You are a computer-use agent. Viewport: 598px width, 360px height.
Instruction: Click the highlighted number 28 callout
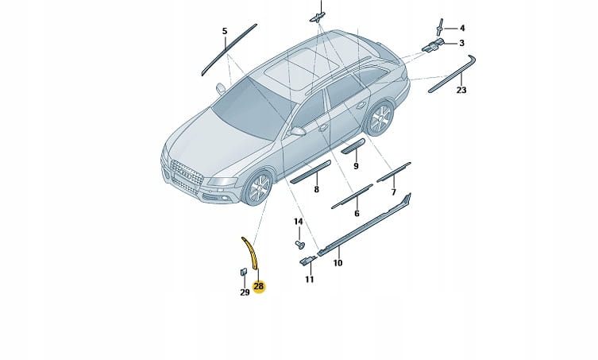coord(259,286)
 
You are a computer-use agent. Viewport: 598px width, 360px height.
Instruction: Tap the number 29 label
coord(245,292)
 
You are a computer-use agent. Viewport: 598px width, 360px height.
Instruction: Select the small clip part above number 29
coord(243,272)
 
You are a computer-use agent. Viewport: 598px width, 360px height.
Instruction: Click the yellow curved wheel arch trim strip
coord(250,252)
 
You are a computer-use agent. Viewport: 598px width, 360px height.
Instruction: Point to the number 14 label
coord(299,222)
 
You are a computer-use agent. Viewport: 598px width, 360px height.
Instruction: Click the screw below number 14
coord(299,244)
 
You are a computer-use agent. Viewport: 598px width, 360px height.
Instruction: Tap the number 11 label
coord(309,280)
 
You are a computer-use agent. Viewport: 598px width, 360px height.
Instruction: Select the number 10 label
coord(338,263)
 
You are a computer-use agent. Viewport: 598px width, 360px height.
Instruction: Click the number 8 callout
coord(316,189)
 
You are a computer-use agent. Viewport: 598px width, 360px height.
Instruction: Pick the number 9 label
coord(356,166)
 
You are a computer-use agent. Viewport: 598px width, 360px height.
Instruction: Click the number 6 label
coord(357,214)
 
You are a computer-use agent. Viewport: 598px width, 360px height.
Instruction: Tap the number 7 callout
coord(394,192)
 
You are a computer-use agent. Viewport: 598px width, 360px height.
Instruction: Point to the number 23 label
coord(461,90)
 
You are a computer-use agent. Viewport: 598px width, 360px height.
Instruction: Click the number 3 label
coord(462,43)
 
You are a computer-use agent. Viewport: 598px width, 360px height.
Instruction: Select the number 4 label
coord(462,28)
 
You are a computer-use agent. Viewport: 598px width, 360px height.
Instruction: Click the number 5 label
coord(225,31)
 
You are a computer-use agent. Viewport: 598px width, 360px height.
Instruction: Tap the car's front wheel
coord(259,188)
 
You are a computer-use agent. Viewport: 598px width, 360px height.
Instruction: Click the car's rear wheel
coord(380,118)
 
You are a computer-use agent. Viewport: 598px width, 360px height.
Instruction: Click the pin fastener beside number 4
coord(440,27)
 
